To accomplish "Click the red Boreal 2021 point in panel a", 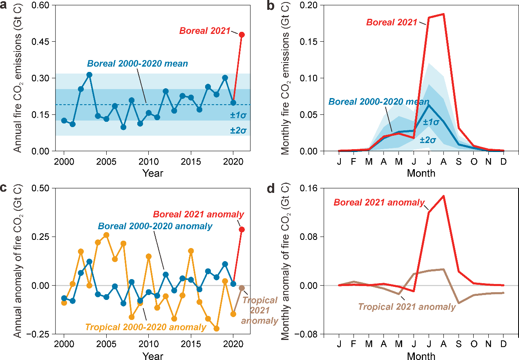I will (x=242, y=35).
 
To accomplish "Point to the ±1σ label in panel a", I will (x=238, y=116).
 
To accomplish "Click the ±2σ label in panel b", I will (x=427, y=140).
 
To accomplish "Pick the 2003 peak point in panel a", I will (x=89, y=75).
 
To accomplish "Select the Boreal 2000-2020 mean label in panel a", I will (x=137, y=64).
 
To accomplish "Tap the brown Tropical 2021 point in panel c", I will (x=242, y=288).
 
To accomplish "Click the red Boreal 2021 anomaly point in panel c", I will (x=242, y=230).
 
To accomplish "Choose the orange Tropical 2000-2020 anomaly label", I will (x=145, y=327).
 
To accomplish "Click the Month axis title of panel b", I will (x=421, y=173).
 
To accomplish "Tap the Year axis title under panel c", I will (x=153, y=356).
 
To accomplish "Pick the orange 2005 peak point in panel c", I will (x=106, y=235).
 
